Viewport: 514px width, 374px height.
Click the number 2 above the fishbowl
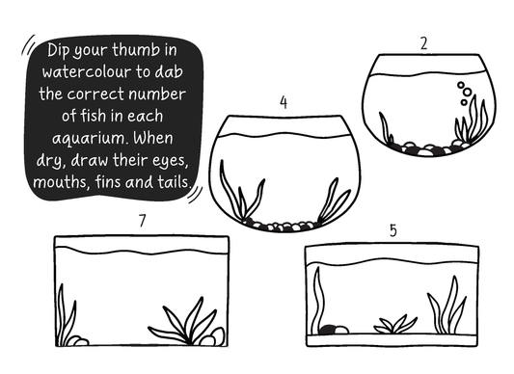pos(424,43)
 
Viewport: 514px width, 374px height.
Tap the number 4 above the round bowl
pos(284,102)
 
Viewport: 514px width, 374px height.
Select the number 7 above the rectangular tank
pos(142,221)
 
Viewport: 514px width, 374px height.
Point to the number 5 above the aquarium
pos(393,230)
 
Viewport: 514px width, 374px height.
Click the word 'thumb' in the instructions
pos(136,50)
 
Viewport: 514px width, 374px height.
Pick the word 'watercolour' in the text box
pos(87,72)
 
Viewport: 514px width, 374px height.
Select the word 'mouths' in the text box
pos(62,182)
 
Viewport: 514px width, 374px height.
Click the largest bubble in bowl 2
pos(467,93)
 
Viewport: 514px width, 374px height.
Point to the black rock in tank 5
pos(329,330)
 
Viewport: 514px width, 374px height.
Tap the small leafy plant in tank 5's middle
pos(394,325)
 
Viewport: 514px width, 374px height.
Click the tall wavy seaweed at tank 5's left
pos(318,298)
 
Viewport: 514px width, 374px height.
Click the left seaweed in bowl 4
pos(242,190)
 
